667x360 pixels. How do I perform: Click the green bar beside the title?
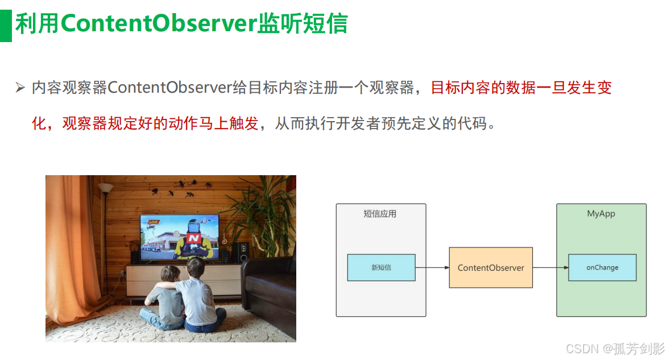[6, 26]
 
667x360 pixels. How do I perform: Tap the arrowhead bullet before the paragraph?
[20, 88]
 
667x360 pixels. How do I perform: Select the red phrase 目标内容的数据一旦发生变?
[521, 88]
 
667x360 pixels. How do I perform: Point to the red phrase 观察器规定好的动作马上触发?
[160, 123]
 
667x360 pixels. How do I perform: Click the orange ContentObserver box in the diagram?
[491, 268]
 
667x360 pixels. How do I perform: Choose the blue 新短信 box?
[381, 268]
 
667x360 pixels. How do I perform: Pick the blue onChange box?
[602, 268]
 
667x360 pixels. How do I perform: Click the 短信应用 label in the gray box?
[380, 214]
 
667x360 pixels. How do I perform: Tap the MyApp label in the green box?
[601, 214]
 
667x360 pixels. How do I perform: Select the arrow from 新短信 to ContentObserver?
[432, 268]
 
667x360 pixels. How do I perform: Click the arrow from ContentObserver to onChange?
[550, 268]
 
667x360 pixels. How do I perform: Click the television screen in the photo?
[180, 237]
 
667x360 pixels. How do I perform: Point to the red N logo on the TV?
[193, 238]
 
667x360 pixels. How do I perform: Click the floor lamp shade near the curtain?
[105, 188]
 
